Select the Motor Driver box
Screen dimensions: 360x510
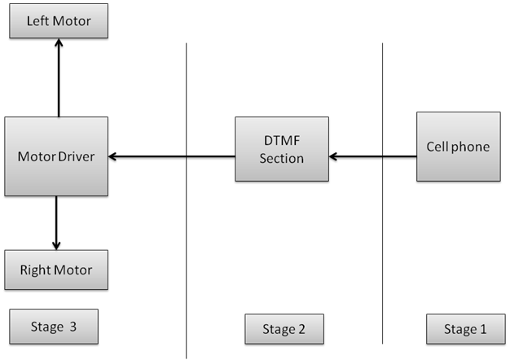56,156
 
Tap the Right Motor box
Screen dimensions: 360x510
56,270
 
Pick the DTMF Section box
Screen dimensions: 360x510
281,149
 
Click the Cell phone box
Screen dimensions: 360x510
458,147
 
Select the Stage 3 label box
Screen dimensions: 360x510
54,327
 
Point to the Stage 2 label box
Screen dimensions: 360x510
284,329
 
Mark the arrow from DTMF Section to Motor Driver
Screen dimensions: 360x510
171,156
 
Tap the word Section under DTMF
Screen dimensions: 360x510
281,157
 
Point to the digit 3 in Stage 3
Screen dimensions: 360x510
73,327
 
